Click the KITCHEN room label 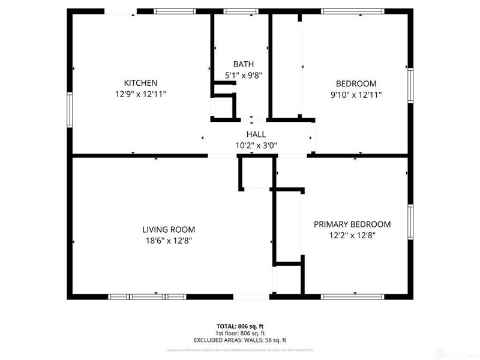click(x=140, y=83)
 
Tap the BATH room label click(x=243, y=64)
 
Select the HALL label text click(x=256, y=134)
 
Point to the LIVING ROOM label click(x=168, y=229)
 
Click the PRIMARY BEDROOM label click(x=352, y=224)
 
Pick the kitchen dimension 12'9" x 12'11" click(x=140, y=94)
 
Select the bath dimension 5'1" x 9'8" click(x=243, y=76)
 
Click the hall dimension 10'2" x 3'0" click(x=256, y=145)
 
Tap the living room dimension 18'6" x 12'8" click(x=168, y=241)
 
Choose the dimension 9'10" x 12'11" click(x=356, y=94)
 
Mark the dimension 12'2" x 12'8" click(x=352, y=235)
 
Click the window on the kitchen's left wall click(x=70, y=110)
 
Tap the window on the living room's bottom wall click(x=147, y=296)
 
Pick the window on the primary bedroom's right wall click(x=411, y=223)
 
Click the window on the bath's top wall click(x=241, y=11)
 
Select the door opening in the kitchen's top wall click(x=121, y=11)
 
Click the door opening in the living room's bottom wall click(x=251, y=296)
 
